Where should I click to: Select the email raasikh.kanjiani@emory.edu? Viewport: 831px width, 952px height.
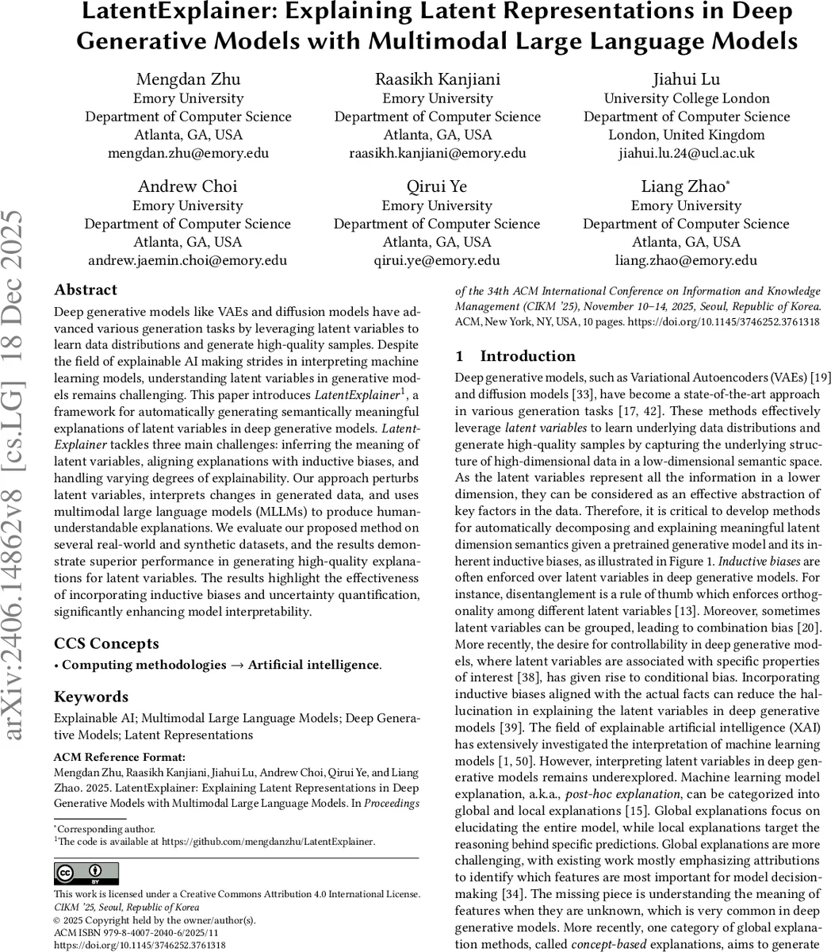click(437, 153)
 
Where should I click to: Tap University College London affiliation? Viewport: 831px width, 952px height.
click(686, 98)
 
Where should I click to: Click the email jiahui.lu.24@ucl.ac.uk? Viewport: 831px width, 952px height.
click(686, 153)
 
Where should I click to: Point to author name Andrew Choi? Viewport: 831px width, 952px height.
click(188, 186)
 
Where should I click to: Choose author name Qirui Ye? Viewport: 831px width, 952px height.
click(437, 186)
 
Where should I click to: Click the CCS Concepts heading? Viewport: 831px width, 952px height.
click(106, 643)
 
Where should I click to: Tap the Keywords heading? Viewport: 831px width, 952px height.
click(91, 697)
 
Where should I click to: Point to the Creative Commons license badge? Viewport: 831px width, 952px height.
click(86, 874)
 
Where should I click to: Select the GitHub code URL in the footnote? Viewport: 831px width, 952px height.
click(268, 841)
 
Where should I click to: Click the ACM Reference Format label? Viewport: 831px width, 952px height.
click(120, 757)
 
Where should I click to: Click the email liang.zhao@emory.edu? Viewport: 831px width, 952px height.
click(686, 260)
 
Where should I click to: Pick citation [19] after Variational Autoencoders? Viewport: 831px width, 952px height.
click(812, 377)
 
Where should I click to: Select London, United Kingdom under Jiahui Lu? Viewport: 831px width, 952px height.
click(686, 135)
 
